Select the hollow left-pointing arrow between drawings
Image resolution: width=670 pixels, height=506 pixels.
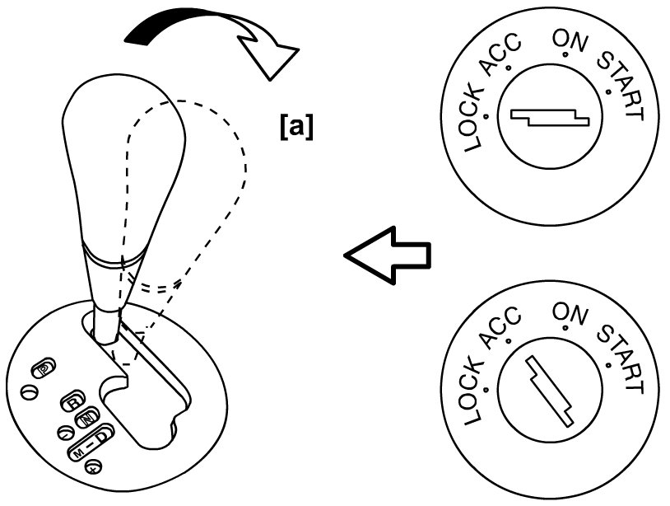click(x=387, y=254)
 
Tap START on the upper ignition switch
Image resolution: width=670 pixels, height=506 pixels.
click(x=621, y=83)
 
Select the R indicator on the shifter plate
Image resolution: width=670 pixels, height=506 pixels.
click(x=72, y=401)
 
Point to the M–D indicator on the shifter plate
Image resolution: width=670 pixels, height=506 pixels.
click(x=89, y=446)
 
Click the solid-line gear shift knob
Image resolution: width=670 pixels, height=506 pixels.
click(x=123, y=165)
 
